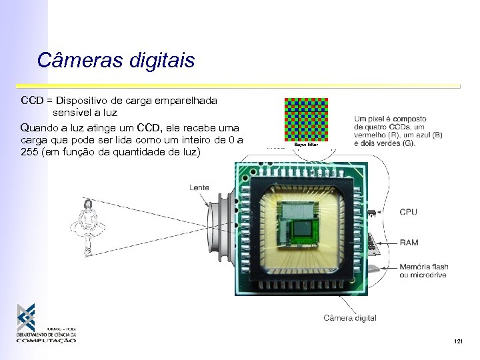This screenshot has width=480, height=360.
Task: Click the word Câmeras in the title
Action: (72, 60)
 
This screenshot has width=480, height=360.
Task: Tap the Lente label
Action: (199, 187)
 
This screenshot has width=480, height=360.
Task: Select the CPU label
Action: (408, 212)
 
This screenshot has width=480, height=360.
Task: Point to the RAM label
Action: (409, 243)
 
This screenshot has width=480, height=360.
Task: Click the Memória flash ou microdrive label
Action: (423, 271)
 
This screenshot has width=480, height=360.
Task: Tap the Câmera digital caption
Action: (349, 318)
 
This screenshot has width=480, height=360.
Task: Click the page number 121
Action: (457, 342)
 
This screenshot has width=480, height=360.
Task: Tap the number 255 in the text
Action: (31, 151)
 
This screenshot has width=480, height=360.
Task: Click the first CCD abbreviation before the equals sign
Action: (32, 101)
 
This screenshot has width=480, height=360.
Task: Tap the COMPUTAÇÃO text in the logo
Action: (47, 340)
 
